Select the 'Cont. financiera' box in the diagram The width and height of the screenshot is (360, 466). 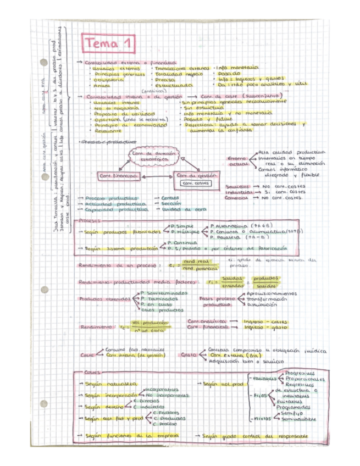coord(117,175)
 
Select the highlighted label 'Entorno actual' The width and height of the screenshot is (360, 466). coord(239,160)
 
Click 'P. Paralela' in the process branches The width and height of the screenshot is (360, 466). coord(218,240)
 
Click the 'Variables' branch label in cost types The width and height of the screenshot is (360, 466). coord(263,379)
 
